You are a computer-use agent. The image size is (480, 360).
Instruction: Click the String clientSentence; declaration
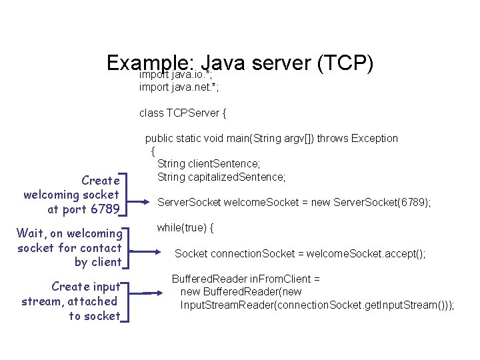click(x=209, y=163)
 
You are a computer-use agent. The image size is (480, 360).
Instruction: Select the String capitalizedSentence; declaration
click(x=221, y=177)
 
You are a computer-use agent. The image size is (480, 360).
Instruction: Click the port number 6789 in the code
click(x=412, y=202)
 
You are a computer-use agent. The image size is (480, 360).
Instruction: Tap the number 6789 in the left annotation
click(x=105, y=209)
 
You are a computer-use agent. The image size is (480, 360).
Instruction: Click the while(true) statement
click(x=185, y=228)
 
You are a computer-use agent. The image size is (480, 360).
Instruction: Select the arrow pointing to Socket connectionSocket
click(x=148, y=252)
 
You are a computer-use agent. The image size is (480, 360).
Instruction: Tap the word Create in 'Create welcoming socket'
click(x=100, y=181)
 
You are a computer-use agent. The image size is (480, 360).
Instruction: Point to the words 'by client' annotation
click(x=97, y=262)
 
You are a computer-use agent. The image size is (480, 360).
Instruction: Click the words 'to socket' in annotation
click(x=94, y=316)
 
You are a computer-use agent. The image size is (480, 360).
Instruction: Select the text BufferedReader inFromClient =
click(x=246, y=279)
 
